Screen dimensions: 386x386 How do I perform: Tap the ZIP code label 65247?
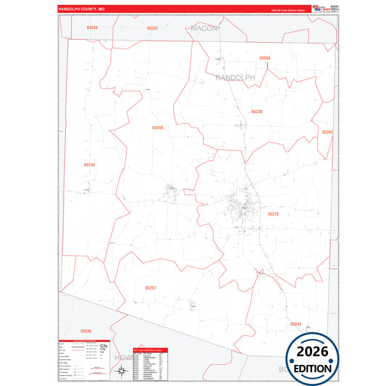click(x=152, y=28)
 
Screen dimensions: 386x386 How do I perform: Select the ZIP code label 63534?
click(x=91, y=28)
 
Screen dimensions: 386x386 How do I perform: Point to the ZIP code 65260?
click(x=264, y=57)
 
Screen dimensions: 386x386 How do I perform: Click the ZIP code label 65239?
click(x=256, y=112)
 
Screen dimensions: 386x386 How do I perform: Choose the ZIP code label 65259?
click(x=158, y=127)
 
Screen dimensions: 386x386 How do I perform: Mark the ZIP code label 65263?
click(x=327, y=132)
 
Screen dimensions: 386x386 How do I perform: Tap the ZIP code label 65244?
click(x=89, y=164)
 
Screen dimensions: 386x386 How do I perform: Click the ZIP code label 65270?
click(x=273, y=214)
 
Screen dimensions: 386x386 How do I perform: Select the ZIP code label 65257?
click(x=150, y=288)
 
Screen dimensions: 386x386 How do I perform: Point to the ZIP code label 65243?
click(x=295, y=324)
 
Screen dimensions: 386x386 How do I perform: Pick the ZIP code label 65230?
click(x=86, y=332)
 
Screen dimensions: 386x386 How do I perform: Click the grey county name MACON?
click(x=204, y=28)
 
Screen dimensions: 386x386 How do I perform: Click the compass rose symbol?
click(x=121, y=371)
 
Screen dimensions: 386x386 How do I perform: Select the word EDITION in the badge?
click(x=314, y=368)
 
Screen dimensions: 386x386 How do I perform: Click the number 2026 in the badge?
click(x=314, y=352)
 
